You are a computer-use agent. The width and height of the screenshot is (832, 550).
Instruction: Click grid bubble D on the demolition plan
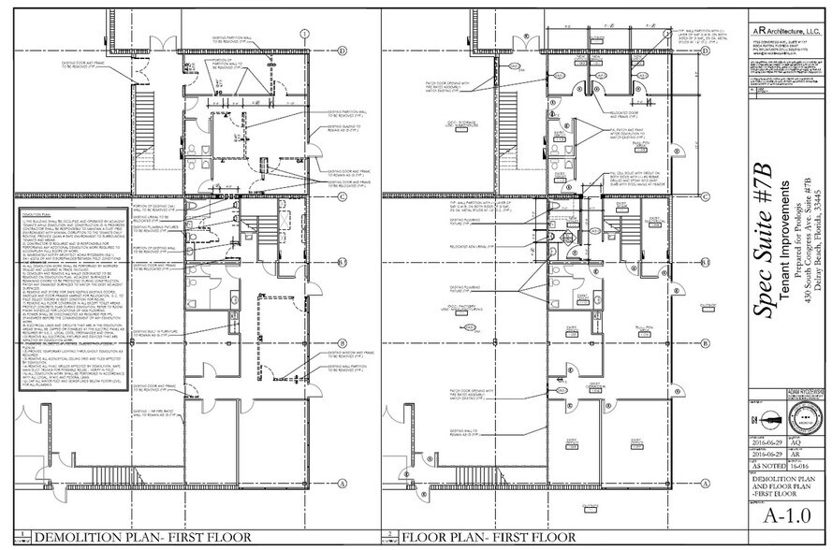click(x=342, y=51)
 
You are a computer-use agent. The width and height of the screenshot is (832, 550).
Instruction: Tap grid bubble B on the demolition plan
click(x=342, y=343)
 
